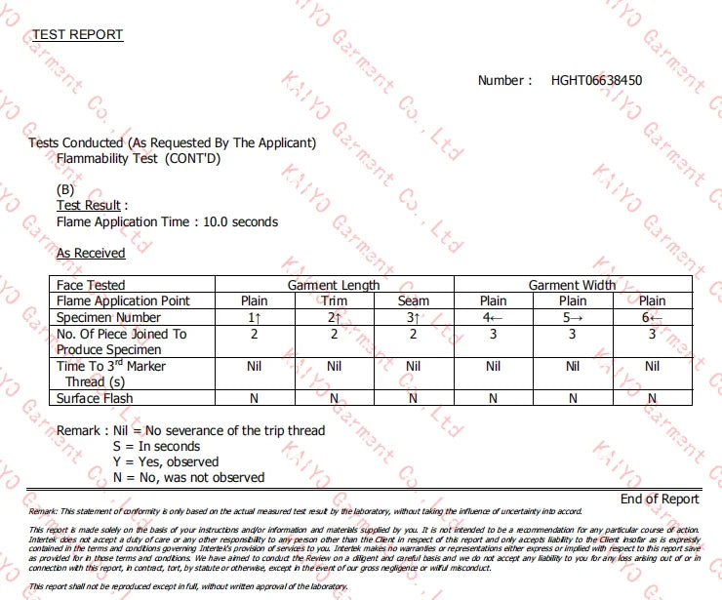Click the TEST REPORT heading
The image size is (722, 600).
(78, 35)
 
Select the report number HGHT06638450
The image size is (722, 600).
(596, 80)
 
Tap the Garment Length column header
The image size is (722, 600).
(334, 285)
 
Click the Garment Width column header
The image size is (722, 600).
(573, 285)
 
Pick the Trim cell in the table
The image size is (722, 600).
(334, 301)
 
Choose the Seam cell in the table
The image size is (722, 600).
(414, 301)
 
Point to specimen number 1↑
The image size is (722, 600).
(254, 318)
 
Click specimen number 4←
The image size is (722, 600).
(493, 318)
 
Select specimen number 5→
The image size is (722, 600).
(573, 318)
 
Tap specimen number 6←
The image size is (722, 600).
(653, 318)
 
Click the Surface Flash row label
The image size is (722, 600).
(95, 398)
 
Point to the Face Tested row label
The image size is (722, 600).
(91, 285)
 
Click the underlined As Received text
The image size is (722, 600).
(91, 253)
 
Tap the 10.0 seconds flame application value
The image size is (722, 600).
(240, 221)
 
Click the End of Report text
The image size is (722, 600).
(660, 499)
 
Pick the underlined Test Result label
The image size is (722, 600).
(89, 206)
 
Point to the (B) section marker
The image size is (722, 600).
(65, 189)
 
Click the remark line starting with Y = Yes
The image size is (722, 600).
(166, 461)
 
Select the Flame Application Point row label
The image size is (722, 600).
(123, 301)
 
